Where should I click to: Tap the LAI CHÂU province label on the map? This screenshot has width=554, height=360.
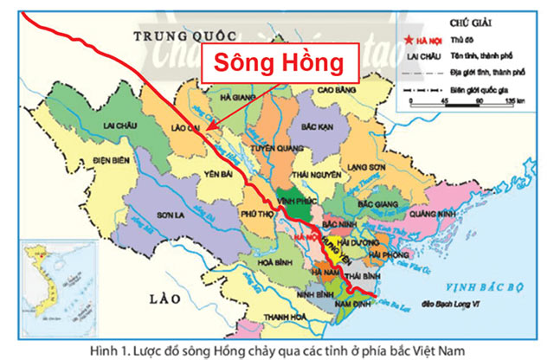(121, 125)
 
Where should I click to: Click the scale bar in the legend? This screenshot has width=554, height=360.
(462, 101)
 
